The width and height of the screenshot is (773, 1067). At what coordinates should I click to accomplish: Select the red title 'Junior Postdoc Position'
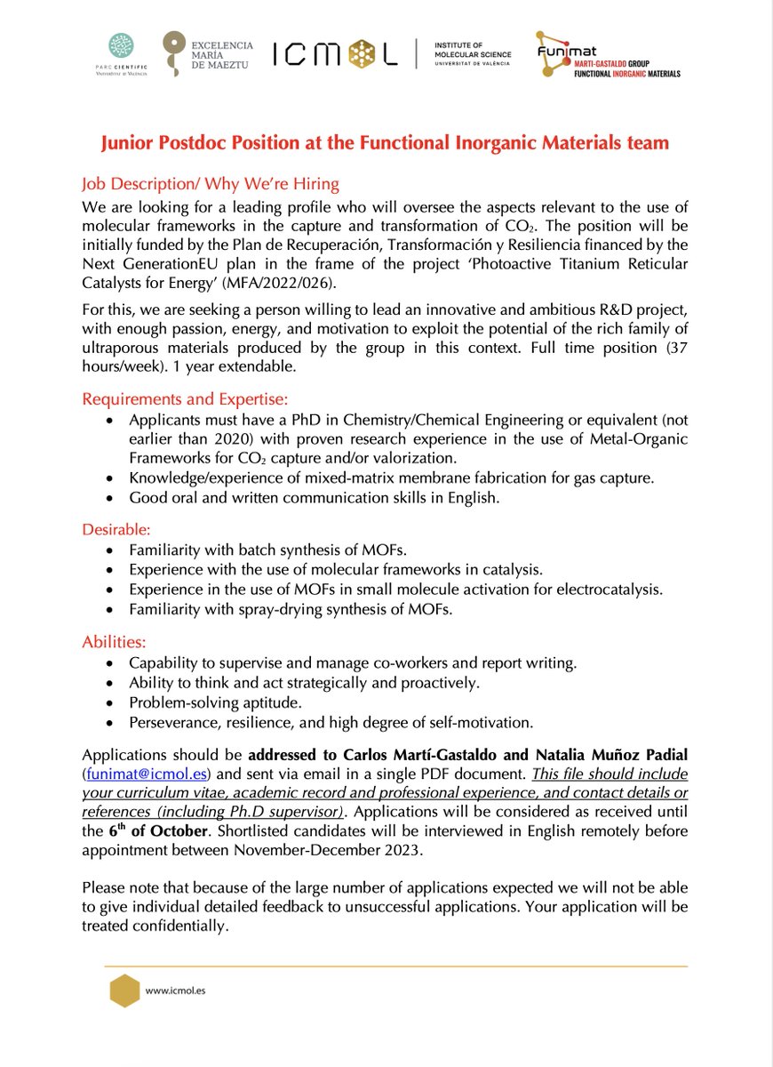click(385, 142)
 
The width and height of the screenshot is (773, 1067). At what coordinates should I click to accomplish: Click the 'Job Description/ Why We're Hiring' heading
click(211, 184)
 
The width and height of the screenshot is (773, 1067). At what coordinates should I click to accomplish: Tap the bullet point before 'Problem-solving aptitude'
click(109, 703)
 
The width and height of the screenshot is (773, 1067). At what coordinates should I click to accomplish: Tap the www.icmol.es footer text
click(175, 990)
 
